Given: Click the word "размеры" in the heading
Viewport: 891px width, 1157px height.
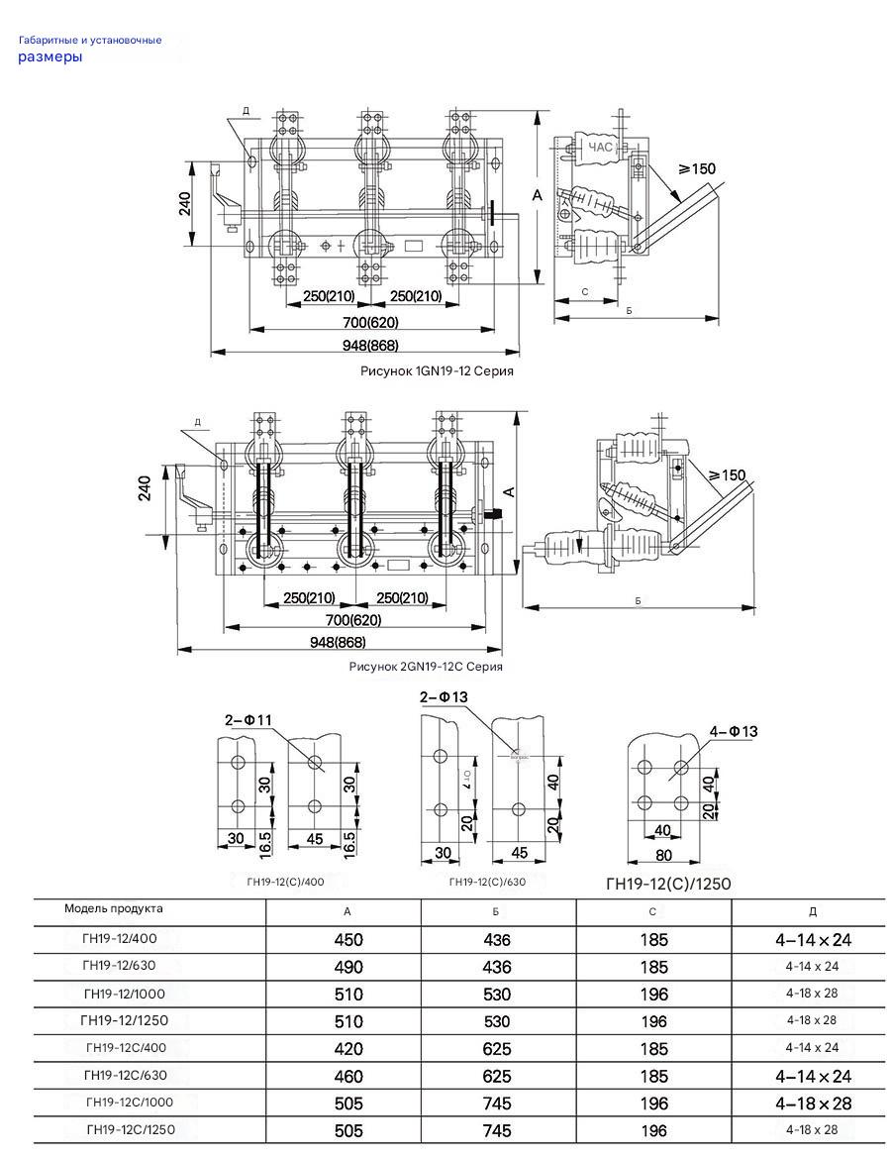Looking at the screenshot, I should [49, 57].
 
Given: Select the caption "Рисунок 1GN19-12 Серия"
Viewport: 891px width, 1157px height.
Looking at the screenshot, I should [437, 370].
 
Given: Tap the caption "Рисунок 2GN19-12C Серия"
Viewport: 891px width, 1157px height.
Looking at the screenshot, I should [426, 667].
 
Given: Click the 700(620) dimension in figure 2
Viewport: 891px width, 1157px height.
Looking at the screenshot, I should [353, 620].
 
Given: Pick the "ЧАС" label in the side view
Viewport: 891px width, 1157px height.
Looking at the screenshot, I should [600, 148].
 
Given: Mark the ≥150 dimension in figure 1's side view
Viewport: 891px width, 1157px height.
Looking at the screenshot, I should [696, 169].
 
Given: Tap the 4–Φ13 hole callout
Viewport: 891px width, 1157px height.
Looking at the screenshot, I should [734, 732].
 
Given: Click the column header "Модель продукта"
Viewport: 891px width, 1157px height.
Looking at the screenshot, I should [114, 908].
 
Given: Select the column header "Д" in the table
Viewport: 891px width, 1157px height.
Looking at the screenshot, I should [813, 912].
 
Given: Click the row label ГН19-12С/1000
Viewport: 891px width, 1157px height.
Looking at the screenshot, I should [130, 1103].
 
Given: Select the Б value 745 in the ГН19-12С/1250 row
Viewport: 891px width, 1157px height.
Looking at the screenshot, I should [497, 1130].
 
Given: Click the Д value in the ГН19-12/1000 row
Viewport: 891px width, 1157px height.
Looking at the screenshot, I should [812, 994].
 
